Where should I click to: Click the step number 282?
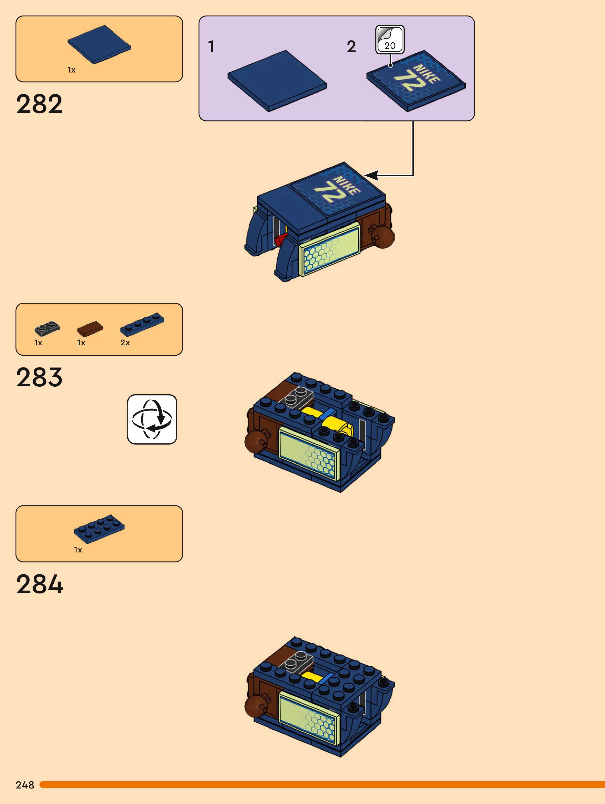click(39, 104)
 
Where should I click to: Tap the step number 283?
click(39, 377)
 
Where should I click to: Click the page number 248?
click(25, 785)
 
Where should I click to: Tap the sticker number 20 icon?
click(390, 39)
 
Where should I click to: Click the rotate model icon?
click(152, 419)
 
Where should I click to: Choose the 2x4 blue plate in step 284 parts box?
click(99, 529)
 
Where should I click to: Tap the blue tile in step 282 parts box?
click(99, 44)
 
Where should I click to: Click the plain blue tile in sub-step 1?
click(277, 81)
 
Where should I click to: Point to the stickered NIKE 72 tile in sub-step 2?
click(416, 81)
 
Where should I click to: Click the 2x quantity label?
click(125, 343)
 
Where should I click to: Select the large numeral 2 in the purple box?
click(351, 47)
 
